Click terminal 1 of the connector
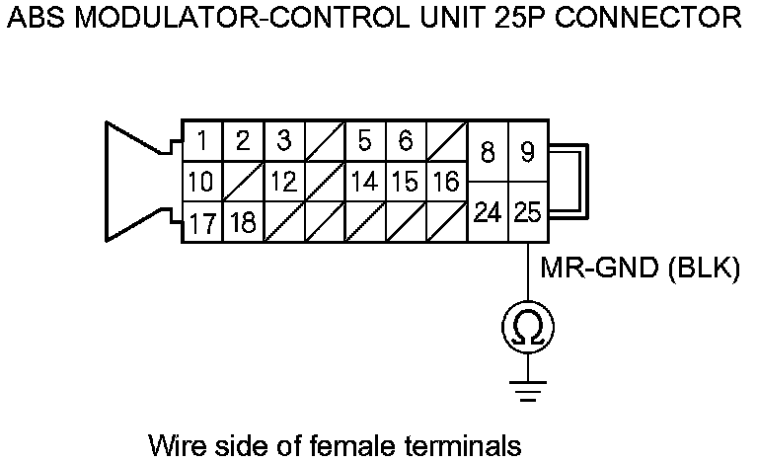pyautogui.click(x=201, y=141)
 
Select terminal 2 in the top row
pyautogui.click(x=243, y=141)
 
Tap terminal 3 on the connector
pyautogui.click(x=284, y=141)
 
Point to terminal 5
pyautogui.click(x=365, y=141)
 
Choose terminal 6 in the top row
pyautogui.click(x=406, y=141)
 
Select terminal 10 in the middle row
pyautogui.click(x=201, y=182)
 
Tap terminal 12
pyautogui.click(x=284, y=182)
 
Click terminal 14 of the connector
pyautogui.click(x=365, y=182)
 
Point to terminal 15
pyautogui.click(x=406, y=182)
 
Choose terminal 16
pyautogui.click(x=446, y=182)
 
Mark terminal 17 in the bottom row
pyautogui.click(x=202, y=222)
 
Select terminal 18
pyautogui.click(x=243, y=222)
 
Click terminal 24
pyautogui.click(x=488, y=212)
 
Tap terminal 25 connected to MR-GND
pyautogui.click(x=528, y=212)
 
